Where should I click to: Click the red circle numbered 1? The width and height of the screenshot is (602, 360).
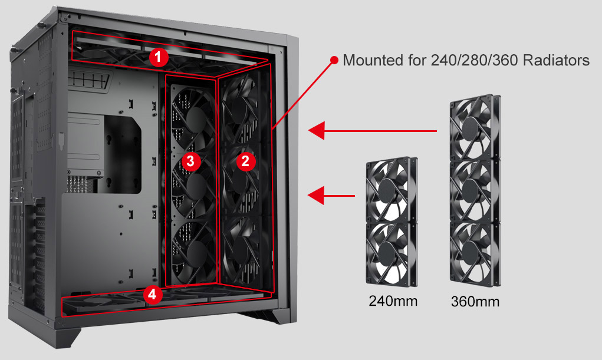pyautogui.click(x=159, y=57)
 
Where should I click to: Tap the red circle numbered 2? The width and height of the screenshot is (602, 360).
pyautogui.click(x=246, y=161)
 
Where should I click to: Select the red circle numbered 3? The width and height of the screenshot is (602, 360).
pyautogui.click(x=190, y=161)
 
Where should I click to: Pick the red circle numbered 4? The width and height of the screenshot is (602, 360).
pyautogui.click(x=153, y=295)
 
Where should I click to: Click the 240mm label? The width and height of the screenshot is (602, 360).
pyautogui.click(x=393, y=301)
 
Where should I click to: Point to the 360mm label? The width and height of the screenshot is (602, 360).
pyautogui.click(x=475, y=302)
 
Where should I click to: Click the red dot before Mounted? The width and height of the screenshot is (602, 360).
pyautogui.click(x=334, y=60)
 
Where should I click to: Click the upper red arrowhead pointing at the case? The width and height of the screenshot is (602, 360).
pyautogui.click(x=317, y=131)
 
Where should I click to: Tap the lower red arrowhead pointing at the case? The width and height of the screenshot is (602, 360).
pyautogui.click(x=317, y=196)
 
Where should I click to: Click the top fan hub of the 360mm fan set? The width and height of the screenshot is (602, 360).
pyautogui.click(x=472, y=126)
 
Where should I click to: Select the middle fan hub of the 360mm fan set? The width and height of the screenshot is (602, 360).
pyautogui.click(x=472, y=190)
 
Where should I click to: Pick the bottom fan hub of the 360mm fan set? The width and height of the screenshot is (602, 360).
pyautogui.click(x=472, y=253)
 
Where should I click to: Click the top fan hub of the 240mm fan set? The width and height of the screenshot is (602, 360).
pyautogui.click(x=388, y=190)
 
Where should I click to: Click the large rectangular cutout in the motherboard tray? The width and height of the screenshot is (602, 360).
pyautogui.click(x=123, y=154)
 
